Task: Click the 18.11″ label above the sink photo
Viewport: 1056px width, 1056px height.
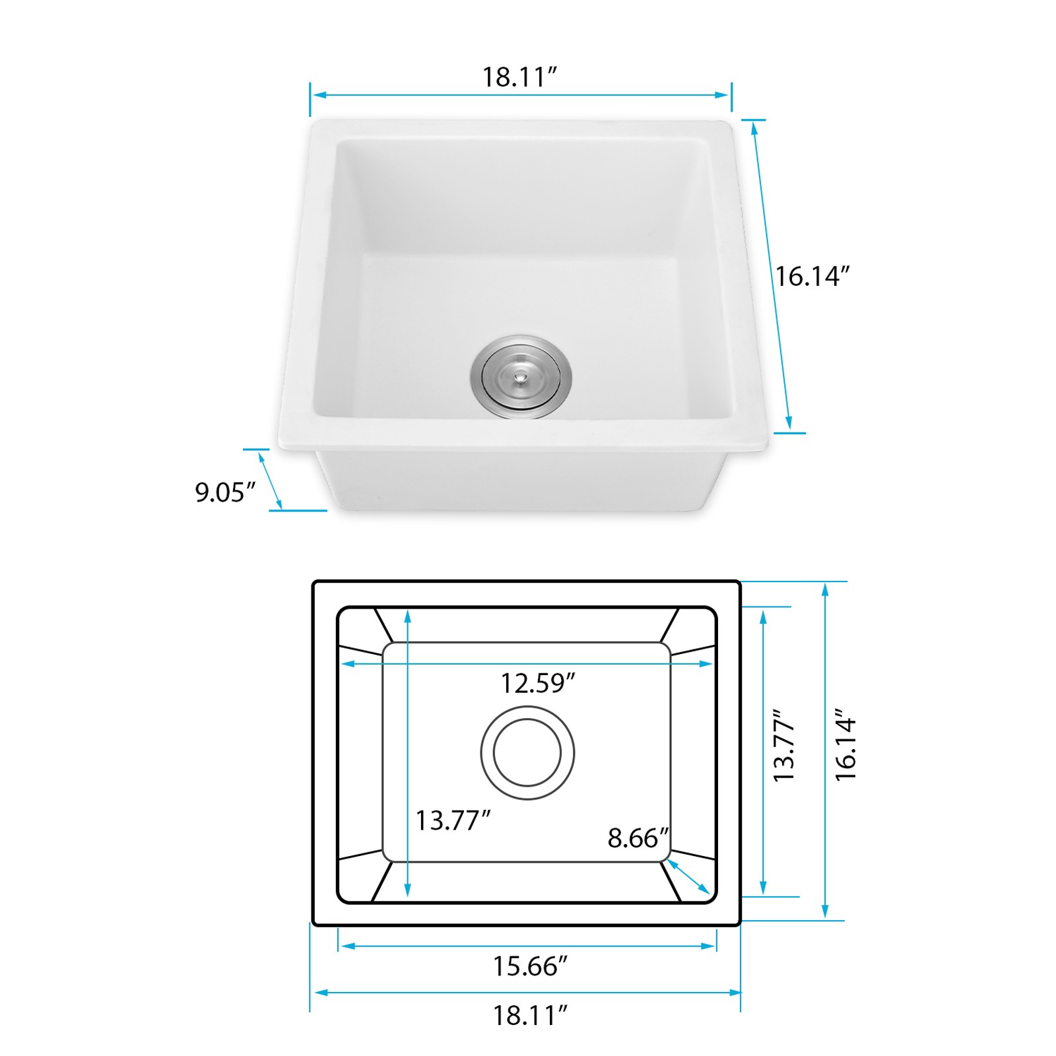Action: tap(519, 77)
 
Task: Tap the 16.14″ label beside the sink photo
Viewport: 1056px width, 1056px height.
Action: tap(812, 276)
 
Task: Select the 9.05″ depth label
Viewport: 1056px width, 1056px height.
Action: tap(225, 492)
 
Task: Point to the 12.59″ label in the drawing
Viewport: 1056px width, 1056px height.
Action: tap(537, 683)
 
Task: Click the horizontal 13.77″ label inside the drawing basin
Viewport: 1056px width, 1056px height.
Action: tap(453, 820)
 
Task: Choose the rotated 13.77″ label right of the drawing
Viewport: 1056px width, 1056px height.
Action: tap(784, 746)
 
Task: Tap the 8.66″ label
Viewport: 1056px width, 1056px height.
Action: tap(638, 838)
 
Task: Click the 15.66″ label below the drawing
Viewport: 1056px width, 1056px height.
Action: tap(530, 966)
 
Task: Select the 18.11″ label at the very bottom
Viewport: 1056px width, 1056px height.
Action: tap(530, 1015)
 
